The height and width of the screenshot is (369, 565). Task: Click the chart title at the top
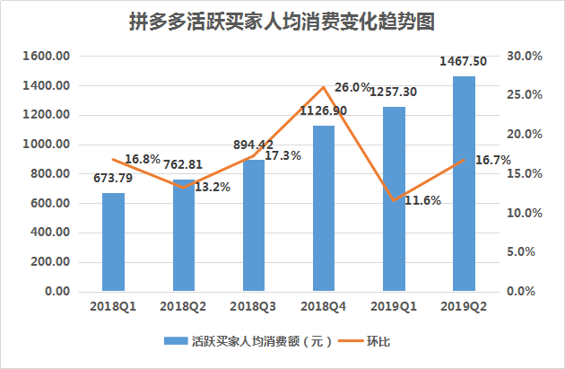tap(282, 21)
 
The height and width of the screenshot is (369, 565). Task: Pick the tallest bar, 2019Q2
tap(464, 184)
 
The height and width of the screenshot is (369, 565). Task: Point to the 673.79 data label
tap(113, 177)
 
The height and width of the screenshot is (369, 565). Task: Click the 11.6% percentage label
tap(422, 200)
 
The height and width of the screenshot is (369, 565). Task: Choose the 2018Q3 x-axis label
tap(253, 307)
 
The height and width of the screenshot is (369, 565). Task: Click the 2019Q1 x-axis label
tap(393, 307)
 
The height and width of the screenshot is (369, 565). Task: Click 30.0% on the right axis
tap(525, 56)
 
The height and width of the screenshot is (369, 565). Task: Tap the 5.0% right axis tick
tap(527, 252)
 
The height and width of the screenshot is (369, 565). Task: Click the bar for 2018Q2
tap(183, 236)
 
